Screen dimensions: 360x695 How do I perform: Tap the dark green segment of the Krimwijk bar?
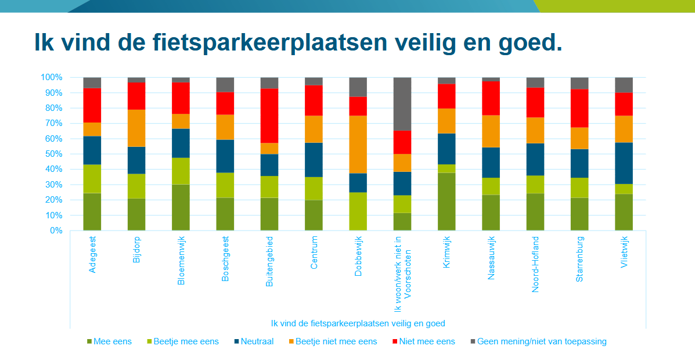click(446, 201)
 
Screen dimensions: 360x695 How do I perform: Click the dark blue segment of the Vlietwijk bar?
click(624, 163)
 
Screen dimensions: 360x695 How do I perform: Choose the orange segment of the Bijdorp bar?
click(136, 128)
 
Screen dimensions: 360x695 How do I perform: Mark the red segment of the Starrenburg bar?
click(579, 108)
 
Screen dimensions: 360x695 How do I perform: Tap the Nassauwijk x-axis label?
click(491, 258)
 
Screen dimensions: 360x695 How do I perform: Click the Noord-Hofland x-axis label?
click(535, 264)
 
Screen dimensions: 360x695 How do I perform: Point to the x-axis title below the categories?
click(358, 323)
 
